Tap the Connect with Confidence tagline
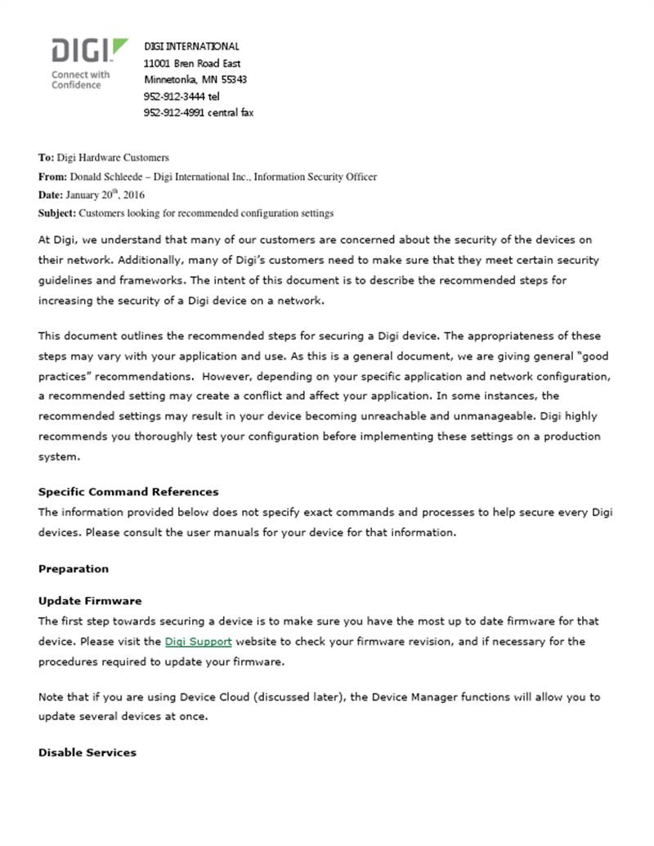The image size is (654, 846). click(80, 79)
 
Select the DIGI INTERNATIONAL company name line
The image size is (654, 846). click(191, 47)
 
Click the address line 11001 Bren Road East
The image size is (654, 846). click(191, 63)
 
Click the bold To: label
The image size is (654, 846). click(46, 158)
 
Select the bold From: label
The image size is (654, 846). click(52, 177)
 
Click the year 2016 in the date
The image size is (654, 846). click(134, 195)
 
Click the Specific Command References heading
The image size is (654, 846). click(128, 492)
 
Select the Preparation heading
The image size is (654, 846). click(74, 569)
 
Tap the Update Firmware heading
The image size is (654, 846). click(90, 601)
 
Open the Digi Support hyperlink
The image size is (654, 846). click(198, 642)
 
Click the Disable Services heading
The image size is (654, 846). click(87, 753)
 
